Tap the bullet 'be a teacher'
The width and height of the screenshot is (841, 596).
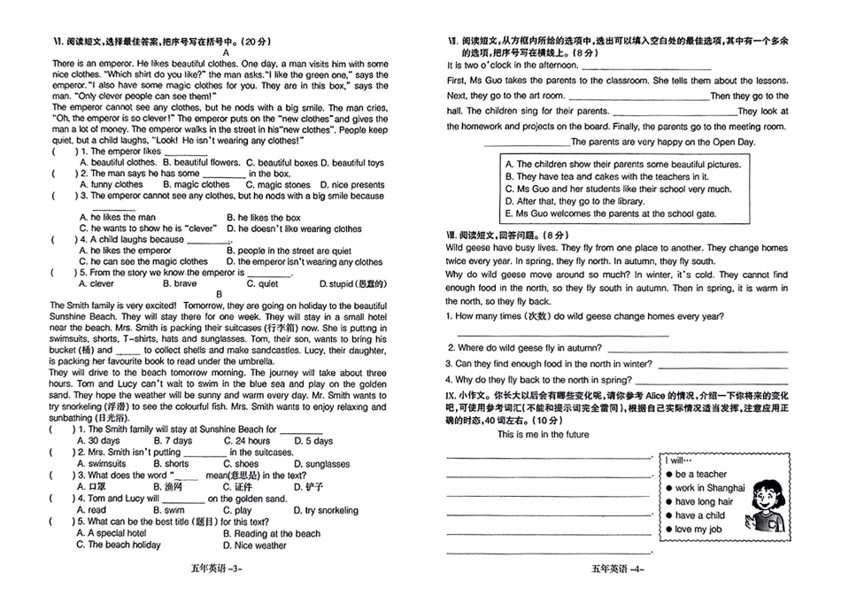[x=700, y=474]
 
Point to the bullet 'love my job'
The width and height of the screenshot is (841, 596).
[x=698, y=529]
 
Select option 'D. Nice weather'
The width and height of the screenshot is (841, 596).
[x=258, y=546]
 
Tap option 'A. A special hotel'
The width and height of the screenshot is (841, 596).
[x=112, y=534]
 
